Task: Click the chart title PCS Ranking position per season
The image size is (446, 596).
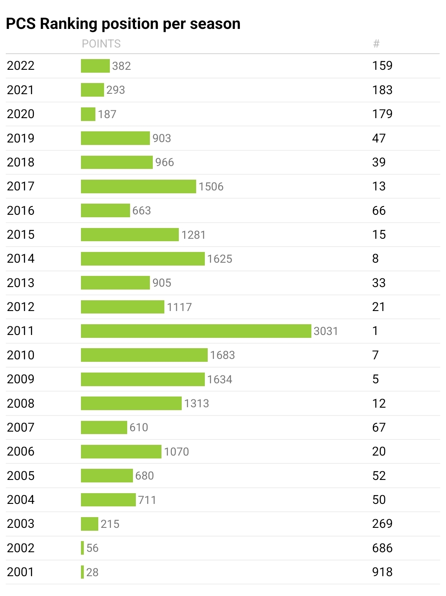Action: coord(123,24)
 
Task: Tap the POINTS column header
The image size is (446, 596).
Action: coord(101,44)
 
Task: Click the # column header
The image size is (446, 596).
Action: coord(376,44)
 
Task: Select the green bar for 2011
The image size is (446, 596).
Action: coord(196,331)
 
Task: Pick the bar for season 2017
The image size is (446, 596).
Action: coord(138,186)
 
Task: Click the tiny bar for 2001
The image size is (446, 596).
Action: coord(83,572)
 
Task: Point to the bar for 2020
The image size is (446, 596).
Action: coord(88,114)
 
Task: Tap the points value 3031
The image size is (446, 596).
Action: coord(326,331)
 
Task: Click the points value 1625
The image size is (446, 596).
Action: coord(220,259)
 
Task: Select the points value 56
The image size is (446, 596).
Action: coord(93,548)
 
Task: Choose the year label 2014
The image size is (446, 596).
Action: coord(21,259)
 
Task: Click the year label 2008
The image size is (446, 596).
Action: coord(21,404)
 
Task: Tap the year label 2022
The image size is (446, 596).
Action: coord(21,66)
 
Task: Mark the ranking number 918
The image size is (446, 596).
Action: coord(382,572)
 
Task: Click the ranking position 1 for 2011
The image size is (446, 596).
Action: coord(375,331)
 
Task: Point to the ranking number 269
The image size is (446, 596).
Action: coord(382,524)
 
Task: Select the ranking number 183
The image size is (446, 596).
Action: coord(382,90)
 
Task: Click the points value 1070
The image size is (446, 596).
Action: coord(176,452)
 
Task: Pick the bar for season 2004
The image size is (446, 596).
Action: coord(108,500)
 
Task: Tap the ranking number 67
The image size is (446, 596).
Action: coord(379,427)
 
